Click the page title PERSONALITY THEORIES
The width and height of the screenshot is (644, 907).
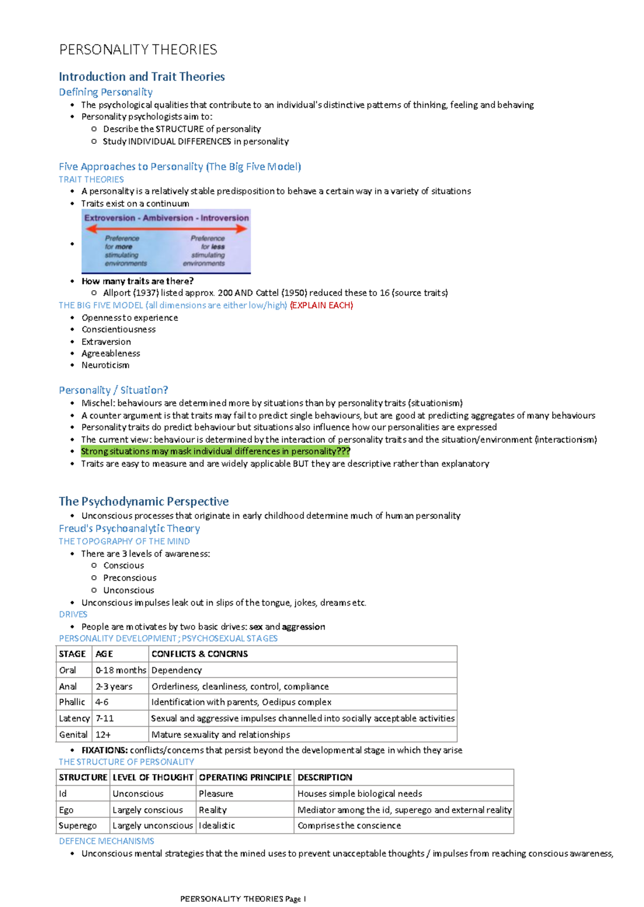(x=138, y=50)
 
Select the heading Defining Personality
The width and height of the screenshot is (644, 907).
(x=106, y=92)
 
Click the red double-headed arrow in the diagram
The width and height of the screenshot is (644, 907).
(x=166, y=228)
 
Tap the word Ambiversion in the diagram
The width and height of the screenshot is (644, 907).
(x=167, y=218)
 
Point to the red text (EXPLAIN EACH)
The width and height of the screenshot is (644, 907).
(x=321, y=305)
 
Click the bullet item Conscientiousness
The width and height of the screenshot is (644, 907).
(x=119, y=329)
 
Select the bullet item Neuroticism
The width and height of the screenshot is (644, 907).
(x=105, y=365)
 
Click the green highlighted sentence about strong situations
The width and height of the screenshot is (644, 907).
(x=215, y=452)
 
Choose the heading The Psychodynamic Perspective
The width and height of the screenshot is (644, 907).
(x=143, y=502)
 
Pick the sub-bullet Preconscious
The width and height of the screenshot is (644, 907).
(x=130, y=578)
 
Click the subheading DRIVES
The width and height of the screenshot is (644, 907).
(x=73, y=614)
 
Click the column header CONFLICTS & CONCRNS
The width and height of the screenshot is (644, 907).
(x=200, y=654)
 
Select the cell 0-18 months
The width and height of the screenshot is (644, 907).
(x=121, y=670)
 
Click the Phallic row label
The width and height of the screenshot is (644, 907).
(x=72, y=702)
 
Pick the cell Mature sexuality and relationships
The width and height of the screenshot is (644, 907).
(x=221, y=735)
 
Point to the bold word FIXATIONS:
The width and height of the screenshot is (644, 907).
(x=105, y=750)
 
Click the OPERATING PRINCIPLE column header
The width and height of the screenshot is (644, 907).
(x=245, y=778)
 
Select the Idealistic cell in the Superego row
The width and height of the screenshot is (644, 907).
(x=217, y=826)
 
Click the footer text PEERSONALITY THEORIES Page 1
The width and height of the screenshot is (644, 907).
(x=243, y=899)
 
